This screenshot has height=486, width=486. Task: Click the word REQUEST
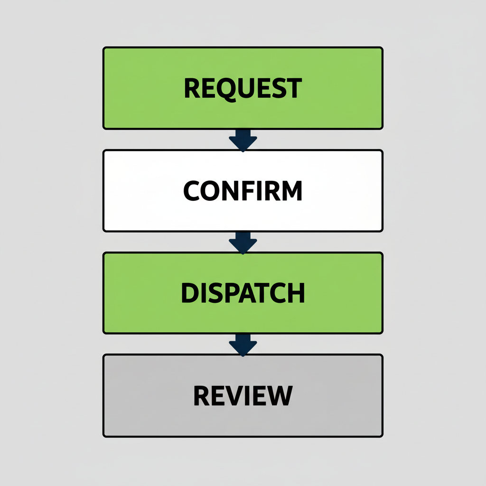click(x=243, y=88)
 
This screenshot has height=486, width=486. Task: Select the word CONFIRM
click(x=243, y=191)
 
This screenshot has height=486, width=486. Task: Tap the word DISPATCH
click(x=243, y=293)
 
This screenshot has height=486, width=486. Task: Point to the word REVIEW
click(x=243, y=395)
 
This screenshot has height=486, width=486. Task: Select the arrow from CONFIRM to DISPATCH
click(x=243, y=242)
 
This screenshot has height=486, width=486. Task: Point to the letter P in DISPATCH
click(x=229, y=293)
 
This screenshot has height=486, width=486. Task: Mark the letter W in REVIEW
click(x=279, y=395)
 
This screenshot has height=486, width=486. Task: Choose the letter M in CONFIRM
click(x=290, y=191)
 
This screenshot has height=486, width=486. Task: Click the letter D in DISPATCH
click(x=190, y=293)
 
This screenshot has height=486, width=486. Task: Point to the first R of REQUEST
click(x=192, y=88)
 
